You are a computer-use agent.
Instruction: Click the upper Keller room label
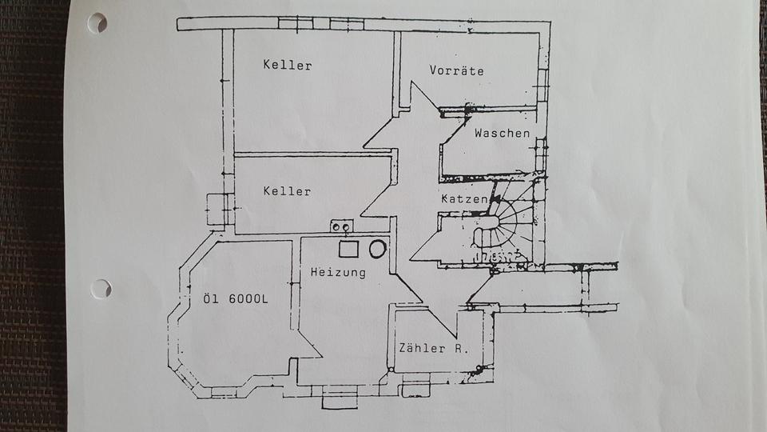point(287,65)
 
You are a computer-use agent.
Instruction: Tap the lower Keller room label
point(287,191)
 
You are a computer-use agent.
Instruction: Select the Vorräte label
point(456,70)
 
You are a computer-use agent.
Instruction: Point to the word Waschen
point(502,133)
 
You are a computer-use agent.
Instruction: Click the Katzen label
point(463,198)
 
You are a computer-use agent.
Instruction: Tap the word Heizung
point(338,273)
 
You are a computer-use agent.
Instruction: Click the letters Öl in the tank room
point(212,300)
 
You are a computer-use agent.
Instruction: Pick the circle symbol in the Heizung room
point(377,249)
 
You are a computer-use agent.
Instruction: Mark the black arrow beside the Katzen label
point(495,197)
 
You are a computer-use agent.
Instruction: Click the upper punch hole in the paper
point(97,23)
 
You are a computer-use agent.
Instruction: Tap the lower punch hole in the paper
point(101,288)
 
